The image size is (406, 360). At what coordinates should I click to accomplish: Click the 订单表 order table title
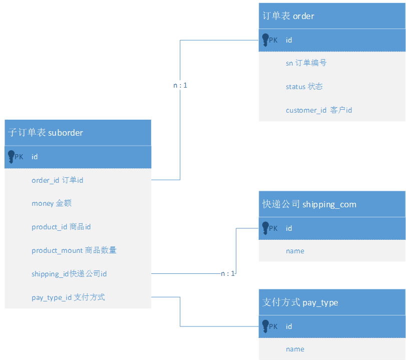(288, 16)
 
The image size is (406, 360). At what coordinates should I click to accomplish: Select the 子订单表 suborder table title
(46, 133)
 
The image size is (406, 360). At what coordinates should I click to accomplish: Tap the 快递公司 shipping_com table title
(309, 204)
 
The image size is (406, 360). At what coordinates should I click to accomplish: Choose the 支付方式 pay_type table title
(300, 302)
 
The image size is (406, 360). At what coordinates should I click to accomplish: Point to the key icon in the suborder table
(12, 157)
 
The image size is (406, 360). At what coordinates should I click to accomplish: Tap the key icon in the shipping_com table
(265, 229)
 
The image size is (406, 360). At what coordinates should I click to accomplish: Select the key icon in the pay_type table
(265, 327)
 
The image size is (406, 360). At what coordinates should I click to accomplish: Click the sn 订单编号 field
(306, 63)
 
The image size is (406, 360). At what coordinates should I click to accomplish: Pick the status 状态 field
(304, 87)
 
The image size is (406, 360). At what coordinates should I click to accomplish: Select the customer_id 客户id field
(318, 110)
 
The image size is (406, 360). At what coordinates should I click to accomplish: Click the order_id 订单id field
(57, 180)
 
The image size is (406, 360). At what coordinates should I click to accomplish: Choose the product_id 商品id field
(61, 227)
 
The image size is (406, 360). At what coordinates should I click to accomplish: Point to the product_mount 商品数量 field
(74, 250)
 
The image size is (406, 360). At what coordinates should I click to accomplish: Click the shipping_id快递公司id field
(69, 274)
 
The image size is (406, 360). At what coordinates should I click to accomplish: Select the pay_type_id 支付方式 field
(68, 297)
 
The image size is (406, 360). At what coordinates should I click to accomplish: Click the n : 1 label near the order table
(180, 86)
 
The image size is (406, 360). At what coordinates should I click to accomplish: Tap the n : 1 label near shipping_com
(228, 274)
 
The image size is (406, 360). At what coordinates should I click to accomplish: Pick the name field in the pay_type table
(295, 349)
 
